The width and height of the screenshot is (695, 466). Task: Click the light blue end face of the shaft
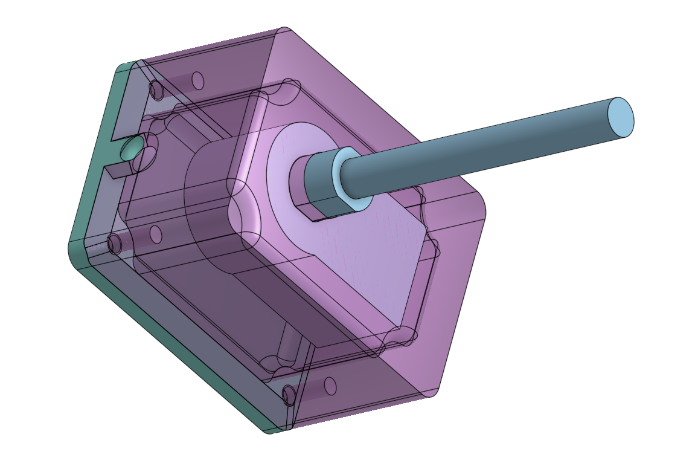click(x=621, y=117)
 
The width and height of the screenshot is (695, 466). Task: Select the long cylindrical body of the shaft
click(x=483, y=150)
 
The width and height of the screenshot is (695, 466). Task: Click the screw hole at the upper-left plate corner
click(x=156, y=91)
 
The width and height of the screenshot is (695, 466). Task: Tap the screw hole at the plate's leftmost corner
click(x=114, y=244)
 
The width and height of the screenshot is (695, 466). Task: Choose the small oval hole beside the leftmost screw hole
click(x=155, y=234)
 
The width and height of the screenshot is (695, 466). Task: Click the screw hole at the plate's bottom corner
click(x=289, y=395)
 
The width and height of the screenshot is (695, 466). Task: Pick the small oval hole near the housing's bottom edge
click(x=330, y=386)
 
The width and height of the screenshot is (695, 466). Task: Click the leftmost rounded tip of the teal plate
click(x=70, y=248)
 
